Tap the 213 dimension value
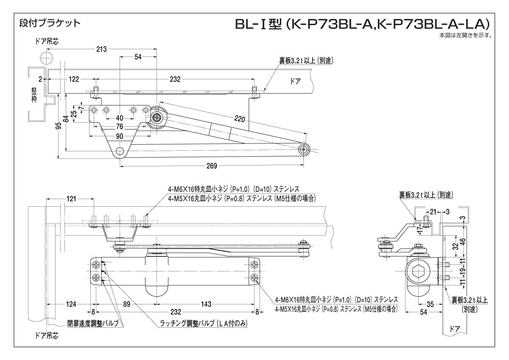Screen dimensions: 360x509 (101, 49)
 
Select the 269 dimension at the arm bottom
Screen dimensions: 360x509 (212, 166)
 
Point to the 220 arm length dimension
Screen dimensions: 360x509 (240, 120)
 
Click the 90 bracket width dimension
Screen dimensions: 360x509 (120, 136)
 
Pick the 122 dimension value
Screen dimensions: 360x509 (74, 79)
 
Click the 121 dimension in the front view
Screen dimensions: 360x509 (71, 198)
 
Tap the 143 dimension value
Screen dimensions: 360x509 (206, 304)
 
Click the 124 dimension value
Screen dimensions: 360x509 (71, 304)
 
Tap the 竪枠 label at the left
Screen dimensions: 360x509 (34, 95)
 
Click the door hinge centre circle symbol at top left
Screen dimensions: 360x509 (48, 57)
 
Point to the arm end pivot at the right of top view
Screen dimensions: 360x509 (304, 149)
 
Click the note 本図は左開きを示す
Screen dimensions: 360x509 (465, 35)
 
